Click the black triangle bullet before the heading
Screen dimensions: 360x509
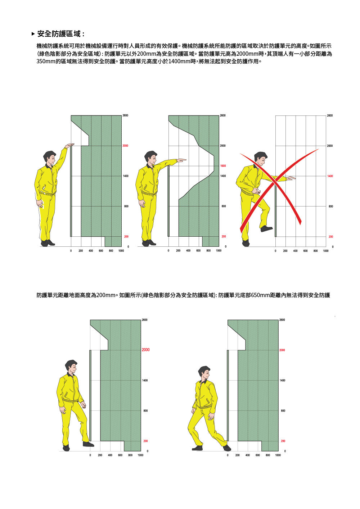coord(33,34)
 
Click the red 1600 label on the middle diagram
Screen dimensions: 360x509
coord(223,166)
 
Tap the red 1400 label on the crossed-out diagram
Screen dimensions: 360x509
coord(330,176)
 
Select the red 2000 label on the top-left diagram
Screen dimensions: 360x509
coord(125,146)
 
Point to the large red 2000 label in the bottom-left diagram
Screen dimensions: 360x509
coord(145,350)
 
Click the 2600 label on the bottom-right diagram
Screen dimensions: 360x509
coord(282,320)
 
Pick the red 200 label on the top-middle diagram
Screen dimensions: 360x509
coord(224,236)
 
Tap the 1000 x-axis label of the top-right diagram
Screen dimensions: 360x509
coord(326,251)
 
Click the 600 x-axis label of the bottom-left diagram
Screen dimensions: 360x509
coord(120,455)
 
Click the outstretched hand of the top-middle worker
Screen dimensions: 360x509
coord(181,160)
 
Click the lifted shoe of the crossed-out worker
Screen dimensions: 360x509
coord(266,228)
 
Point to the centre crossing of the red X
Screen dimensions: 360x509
coord(274,181)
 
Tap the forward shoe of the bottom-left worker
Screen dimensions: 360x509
coord(88,444)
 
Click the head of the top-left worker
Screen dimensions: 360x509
coord(50,158)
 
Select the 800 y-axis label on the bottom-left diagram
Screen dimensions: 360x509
coord(145,410)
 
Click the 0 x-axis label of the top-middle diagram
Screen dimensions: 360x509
coord(168,251)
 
